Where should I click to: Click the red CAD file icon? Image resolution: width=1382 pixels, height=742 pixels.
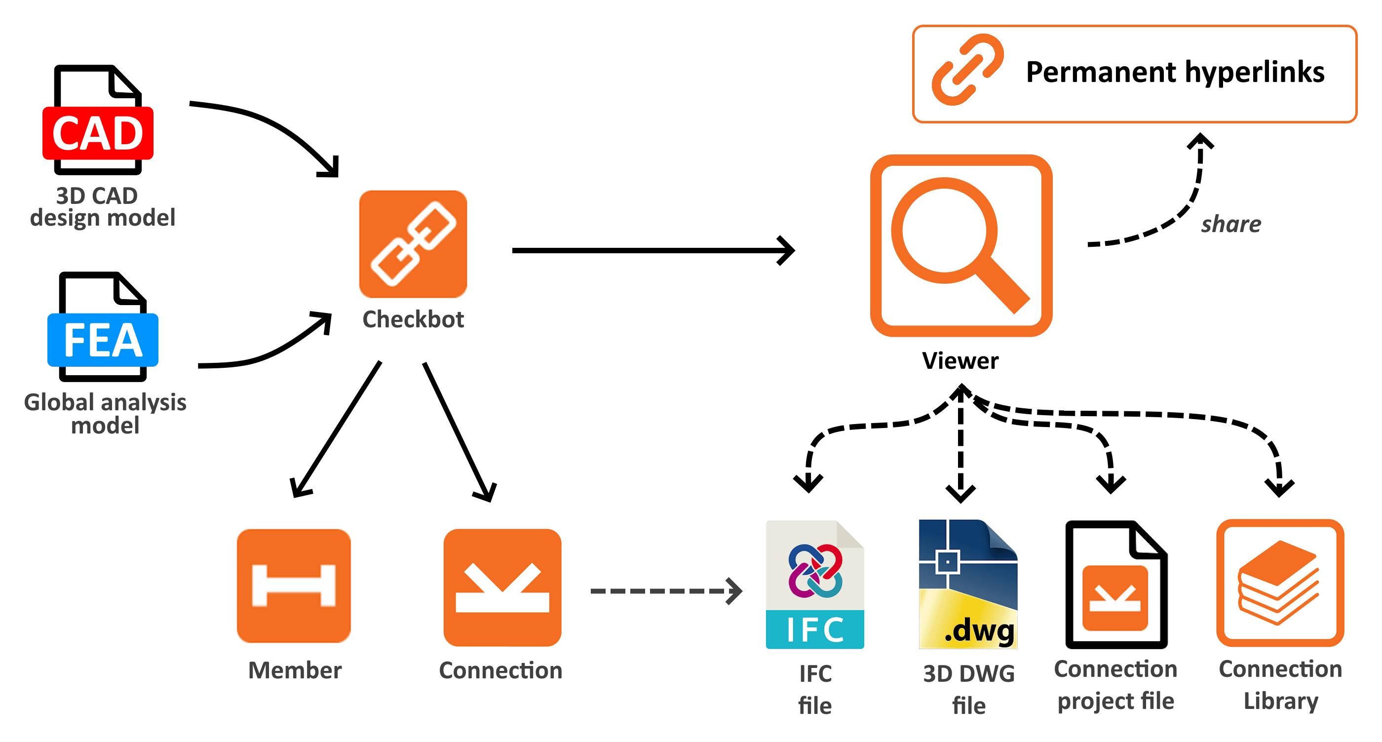coord(98,121)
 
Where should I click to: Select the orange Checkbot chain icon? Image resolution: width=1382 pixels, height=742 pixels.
coord(413,244)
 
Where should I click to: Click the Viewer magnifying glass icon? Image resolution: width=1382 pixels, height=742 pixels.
coord(960,246)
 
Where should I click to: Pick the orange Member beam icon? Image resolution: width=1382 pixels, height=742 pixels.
coord(294,586)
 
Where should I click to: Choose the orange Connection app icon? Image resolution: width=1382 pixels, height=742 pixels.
coord(502,587)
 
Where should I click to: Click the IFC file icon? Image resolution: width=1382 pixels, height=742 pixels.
coord(814,585)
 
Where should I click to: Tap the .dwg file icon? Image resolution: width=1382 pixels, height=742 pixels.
coord(968,585)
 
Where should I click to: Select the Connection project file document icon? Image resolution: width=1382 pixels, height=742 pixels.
coord(1116,585)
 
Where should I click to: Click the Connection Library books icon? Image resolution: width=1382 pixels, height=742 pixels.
coord(1279,584)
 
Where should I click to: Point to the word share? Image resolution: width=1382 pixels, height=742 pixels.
coord(1230,224)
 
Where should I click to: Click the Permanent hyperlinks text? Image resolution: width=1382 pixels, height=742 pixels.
coord(1175,73)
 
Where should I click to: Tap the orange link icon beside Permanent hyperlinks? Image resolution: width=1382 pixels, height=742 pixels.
coord(967,70)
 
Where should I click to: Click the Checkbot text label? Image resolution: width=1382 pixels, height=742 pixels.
coord(413,319)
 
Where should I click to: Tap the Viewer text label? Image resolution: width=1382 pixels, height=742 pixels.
coord(960,360)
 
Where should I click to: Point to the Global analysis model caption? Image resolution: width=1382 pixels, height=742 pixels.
coord(105,414)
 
